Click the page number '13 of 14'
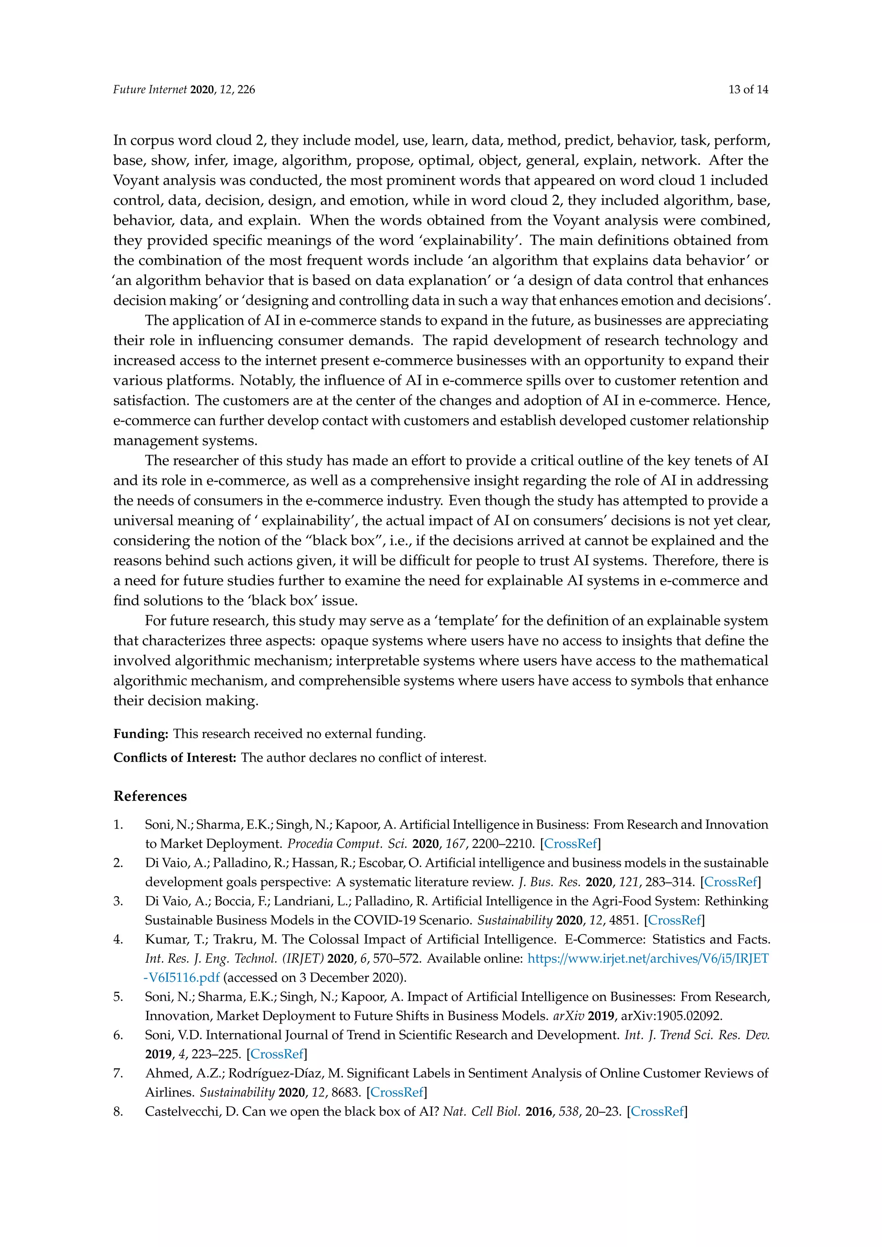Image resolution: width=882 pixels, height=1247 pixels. [748, 90]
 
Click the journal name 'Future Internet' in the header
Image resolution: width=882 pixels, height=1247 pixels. [149, 90]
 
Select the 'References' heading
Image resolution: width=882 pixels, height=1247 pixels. [150, 796]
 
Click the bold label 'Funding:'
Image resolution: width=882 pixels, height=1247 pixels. [141, 734]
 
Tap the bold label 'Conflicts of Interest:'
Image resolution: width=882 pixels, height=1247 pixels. [174, 758]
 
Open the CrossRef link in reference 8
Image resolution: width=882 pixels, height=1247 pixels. [657, 1111]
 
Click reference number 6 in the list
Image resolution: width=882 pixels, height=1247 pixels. [118, 1035]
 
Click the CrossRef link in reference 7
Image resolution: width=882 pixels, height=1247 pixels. [397, 1092]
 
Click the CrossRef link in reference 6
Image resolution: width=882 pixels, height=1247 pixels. [276, 1054]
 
